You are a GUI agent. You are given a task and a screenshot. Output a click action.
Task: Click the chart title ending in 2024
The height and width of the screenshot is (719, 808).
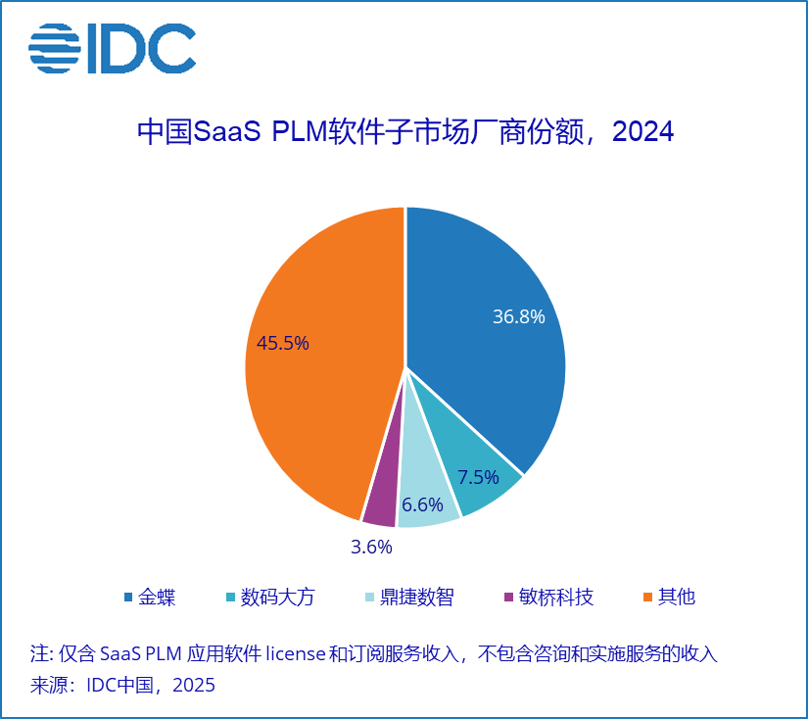pos(404,131)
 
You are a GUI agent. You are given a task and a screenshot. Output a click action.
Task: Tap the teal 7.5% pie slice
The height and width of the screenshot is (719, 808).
pos(480,460)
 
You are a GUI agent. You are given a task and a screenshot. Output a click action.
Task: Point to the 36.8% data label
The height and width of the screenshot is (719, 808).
pos(518,317)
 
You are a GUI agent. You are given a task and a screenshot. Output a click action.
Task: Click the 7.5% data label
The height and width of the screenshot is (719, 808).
pos(478,478)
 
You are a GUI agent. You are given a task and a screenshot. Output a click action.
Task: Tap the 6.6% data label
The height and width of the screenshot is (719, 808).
pos(422,505)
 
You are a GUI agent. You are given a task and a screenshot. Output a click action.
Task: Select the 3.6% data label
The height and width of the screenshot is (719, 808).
pos(371,546)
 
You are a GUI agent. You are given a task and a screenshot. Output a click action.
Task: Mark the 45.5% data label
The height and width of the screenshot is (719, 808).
pos(283,343)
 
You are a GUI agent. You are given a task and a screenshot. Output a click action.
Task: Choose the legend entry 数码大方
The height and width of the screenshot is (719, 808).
pos(278,597)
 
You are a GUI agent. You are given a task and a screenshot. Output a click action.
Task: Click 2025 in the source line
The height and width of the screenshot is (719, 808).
pos(194,685)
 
